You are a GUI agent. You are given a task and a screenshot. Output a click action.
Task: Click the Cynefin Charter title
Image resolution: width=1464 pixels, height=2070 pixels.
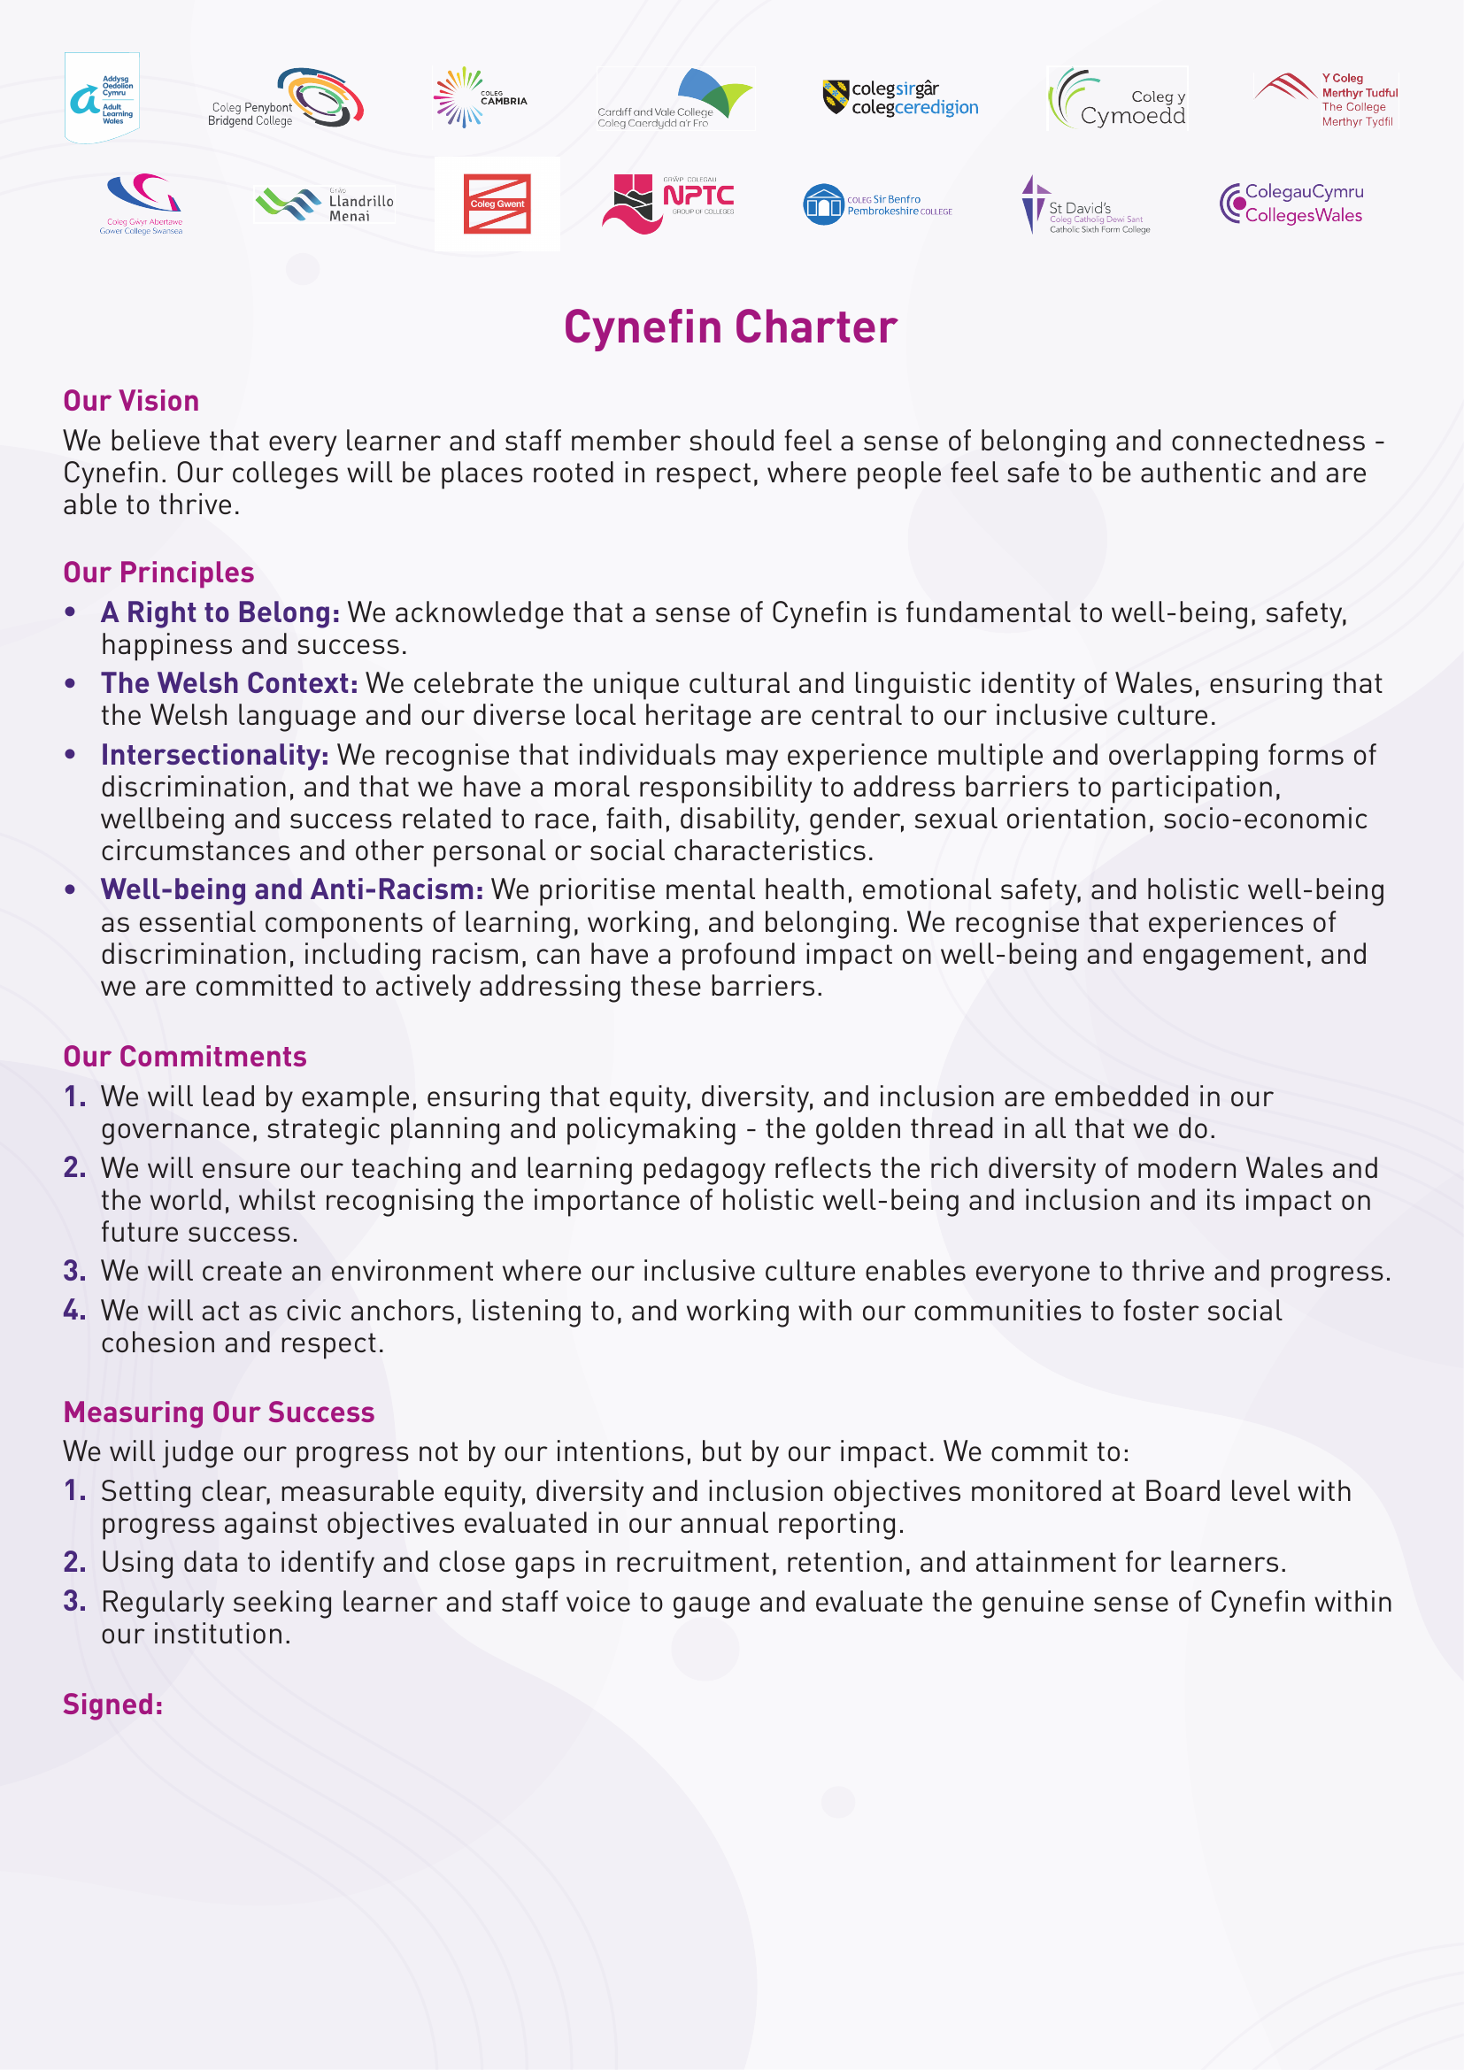click(x=730, y=327)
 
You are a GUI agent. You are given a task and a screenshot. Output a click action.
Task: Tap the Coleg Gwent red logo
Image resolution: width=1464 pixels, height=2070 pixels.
click(x=497, y=204)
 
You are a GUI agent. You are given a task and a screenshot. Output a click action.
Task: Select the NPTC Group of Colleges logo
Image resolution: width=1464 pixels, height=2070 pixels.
click(x=668, y=203)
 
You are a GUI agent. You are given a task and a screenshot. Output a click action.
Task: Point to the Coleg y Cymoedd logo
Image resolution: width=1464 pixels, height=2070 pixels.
click(x=1117, y=98)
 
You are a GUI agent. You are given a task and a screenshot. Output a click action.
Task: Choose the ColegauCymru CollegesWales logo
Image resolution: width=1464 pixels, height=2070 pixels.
click(x=1291, y=203)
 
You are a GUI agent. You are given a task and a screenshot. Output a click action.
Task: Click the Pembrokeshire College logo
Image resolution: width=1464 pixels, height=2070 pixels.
click(x=877, y=204)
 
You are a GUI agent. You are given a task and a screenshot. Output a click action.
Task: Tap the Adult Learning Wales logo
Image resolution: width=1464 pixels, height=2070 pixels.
click(x=102, y=97)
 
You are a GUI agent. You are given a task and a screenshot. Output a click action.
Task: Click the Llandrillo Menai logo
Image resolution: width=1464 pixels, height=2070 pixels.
click(x=325, y=204)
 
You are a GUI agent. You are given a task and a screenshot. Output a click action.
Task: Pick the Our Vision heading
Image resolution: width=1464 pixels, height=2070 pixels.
click(x=131, y=401)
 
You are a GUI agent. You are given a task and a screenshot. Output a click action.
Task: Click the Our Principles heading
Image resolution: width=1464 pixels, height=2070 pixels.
click(x=158, y=573)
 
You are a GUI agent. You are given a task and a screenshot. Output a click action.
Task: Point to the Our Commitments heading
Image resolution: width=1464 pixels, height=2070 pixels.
click(x=185, y=1057)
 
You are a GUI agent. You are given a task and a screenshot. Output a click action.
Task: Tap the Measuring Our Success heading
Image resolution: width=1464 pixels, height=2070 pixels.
click(x=219, y=1412)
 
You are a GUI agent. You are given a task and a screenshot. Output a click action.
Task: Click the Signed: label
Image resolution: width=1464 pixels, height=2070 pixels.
click(x=112, y=1704)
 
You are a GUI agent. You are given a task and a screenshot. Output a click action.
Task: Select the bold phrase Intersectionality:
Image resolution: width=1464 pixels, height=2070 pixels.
click(x=214, y=755)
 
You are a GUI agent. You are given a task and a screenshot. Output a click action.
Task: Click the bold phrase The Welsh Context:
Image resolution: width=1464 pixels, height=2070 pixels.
click(x=229, y=683)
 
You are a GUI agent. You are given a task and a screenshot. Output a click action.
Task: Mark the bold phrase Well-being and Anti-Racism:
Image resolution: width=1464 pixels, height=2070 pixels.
click(x=292, y=889)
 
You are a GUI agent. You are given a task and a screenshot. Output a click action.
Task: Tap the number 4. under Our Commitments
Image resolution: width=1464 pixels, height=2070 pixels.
click(x=74, y=1310)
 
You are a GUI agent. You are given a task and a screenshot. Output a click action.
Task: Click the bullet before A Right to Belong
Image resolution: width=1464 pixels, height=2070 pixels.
click(x=70, y=612)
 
